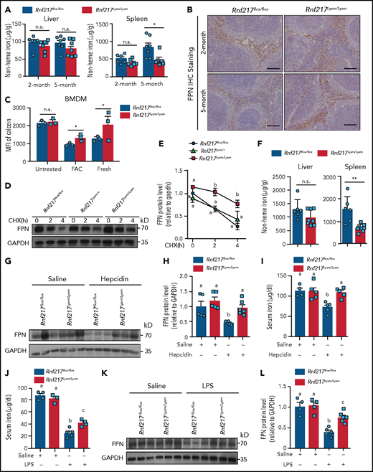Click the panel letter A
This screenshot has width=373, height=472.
(x=4, y=5)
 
